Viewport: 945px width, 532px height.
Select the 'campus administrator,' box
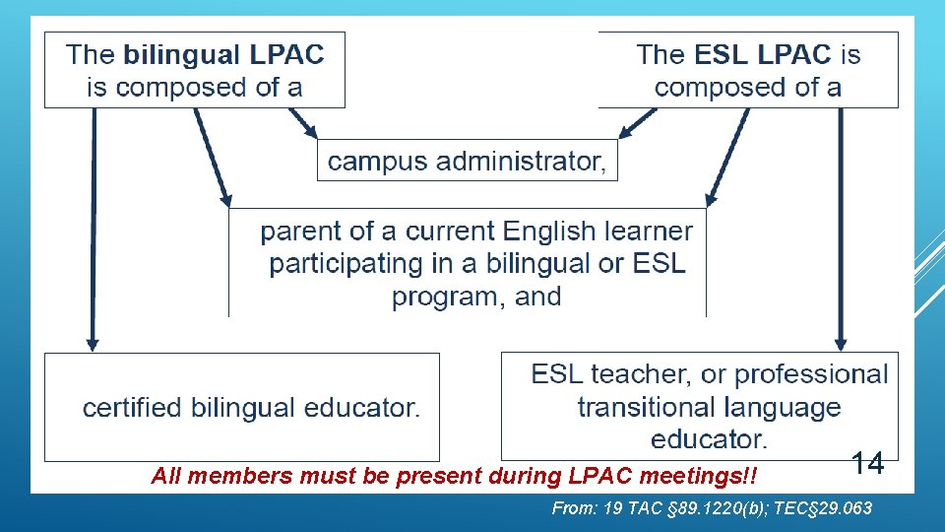[467, 161]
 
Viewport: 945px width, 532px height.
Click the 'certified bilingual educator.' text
[251, 408]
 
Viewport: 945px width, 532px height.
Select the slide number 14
[867, 463]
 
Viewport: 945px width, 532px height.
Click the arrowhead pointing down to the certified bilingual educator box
[93, 343]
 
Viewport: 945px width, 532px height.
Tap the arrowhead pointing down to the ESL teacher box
[841, 343]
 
